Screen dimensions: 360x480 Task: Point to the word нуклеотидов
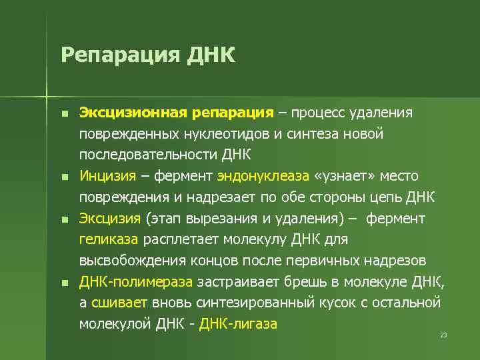(x=226, y=135)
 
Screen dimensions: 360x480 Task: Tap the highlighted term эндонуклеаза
(x=263, y=176)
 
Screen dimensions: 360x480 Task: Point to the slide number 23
(x=443, y=335)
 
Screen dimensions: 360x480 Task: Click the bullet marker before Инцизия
(x=64, y=177)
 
